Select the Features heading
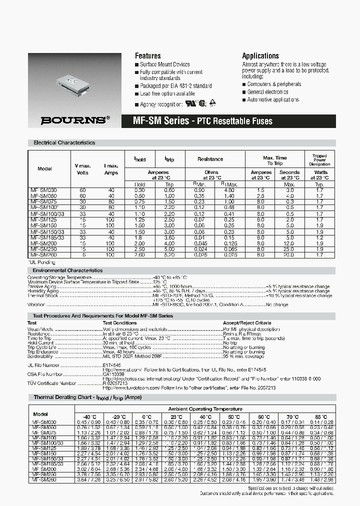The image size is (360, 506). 148,56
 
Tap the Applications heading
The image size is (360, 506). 260,56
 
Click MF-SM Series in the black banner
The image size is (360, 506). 161,121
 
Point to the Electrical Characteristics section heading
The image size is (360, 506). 64,142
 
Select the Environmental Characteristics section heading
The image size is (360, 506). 67,270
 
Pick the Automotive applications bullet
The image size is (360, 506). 273,100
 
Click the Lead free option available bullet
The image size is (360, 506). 167,93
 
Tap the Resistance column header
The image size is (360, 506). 210,159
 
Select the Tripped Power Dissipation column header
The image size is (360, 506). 319,160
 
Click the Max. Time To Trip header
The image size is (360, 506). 275,160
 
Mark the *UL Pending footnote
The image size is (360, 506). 41,262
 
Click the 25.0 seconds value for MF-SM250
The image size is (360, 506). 289,248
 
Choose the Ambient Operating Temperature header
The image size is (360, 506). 205,409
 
